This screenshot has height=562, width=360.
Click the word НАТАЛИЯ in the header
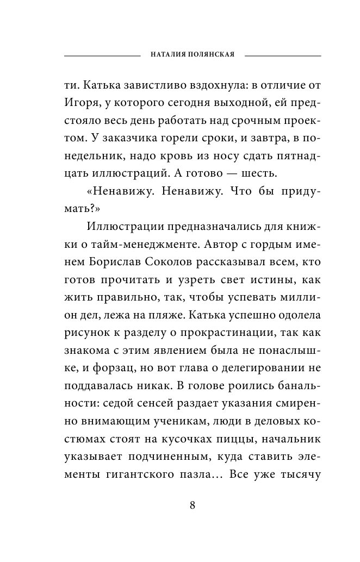pyautogui.click(x=167, y=55)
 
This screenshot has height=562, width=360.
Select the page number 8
pyautogui.click(x=193, y=504)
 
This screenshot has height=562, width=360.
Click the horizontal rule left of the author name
pyautogui.click(x=102, y=55)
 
